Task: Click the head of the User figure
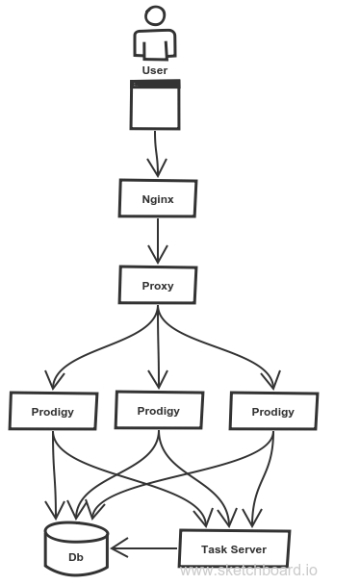[x=155, y=15]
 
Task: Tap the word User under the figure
[x=155, y=70]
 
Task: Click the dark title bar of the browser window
[x=155, y=84]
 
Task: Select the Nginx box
[x=158, y=198]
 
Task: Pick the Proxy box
[x=158, y=285]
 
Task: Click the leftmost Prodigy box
[x=53, y=411]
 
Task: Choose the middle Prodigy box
[x=159, y=410]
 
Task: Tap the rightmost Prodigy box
[x=273, y=411]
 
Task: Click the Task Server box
[x=234, y=548]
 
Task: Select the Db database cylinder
[x=76, y=549]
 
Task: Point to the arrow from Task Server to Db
[x=144, y=548]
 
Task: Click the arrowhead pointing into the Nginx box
[x=158, y=168]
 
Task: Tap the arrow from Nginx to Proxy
[x=158, y=241]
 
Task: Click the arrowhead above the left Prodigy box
[x=54, y=380]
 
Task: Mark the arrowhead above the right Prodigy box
[x=271, y=380]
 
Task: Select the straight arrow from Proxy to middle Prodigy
[x=158, y=347]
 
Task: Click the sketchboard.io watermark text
[x=248, y=571]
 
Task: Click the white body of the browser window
[x=155, y=108]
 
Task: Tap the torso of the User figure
[x=155, y=44]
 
